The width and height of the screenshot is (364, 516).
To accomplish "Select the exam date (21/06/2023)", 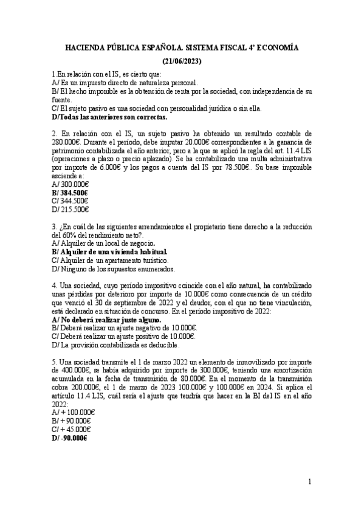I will tap(182, 61).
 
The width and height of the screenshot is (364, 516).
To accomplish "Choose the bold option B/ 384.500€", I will tap(70, 192).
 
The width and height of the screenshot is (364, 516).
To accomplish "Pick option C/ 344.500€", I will tap(70, 201).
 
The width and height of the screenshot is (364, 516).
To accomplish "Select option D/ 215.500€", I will tap(70, 209).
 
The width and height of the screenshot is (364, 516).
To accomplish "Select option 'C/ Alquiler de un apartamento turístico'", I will tap(109, 260).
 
